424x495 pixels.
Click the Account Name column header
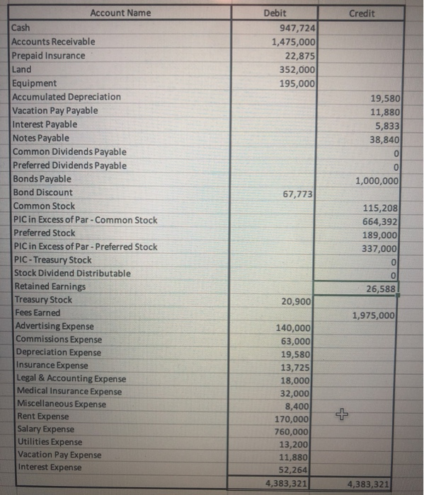120,13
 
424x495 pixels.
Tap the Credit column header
362,13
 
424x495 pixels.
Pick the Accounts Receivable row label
54,42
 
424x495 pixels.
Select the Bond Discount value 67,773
297,193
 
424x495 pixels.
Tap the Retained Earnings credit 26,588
380,288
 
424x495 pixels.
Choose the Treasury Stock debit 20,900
297,302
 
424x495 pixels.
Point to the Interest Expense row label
48,467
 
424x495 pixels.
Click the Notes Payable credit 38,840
382,139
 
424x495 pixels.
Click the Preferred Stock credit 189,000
380,234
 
